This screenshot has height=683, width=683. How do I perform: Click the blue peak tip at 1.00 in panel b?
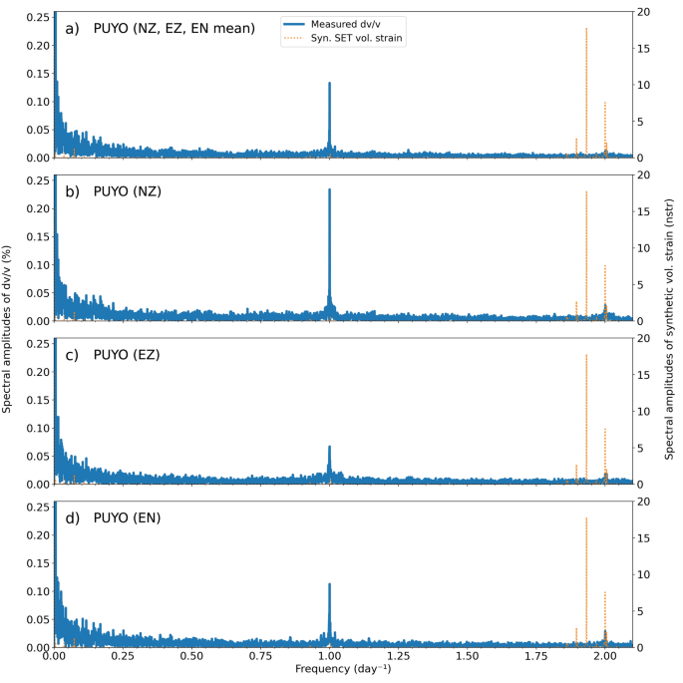click(329, 189)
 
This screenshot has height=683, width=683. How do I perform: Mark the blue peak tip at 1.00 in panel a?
click(329, 84)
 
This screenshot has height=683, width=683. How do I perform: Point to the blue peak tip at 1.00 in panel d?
click(329, 584)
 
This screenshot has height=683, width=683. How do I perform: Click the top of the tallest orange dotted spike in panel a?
click(586, 28)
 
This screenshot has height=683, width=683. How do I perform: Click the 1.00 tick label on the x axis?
click(329, 658)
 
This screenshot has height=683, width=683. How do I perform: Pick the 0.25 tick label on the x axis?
click(123, 658)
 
